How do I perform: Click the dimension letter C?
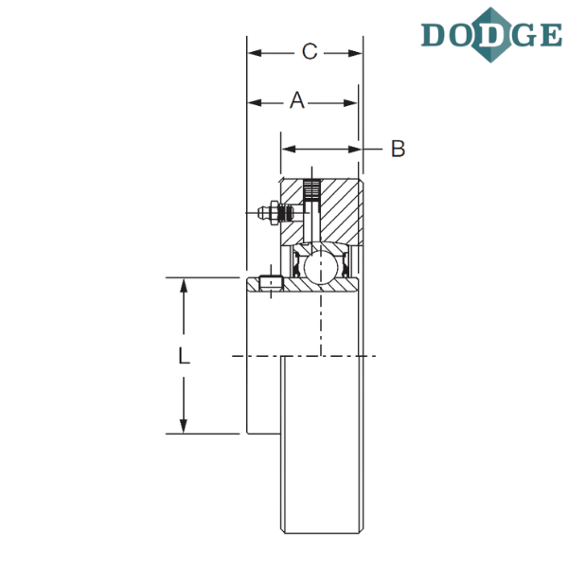tap(310, 51)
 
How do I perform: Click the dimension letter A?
tap(297, 100)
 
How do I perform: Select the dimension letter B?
tap(399, 149)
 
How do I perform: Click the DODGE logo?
tap(491, 35)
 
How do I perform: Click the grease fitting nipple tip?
tap(260, 213)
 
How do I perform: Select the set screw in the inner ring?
tap(272, 284)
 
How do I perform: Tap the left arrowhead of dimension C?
tap(255, 53)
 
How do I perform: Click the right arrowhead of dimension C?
tap(355, 53)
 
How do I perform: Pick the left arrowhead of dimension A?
tap(255, 103)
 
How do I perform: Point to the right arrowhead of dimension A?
tap(350, 103)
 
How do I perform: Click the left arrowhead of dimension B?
tap(289, 149)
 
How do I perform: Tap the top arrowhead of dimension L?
tap(184, 286)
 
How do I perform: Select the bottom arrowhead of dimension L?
tap(184, 426)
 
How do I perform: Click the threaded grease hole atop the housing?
tap(311, 189)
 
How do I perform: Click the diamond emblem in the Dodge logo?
tap(491, 35)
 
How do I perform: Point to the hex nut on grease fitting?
tap(275, 213)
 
